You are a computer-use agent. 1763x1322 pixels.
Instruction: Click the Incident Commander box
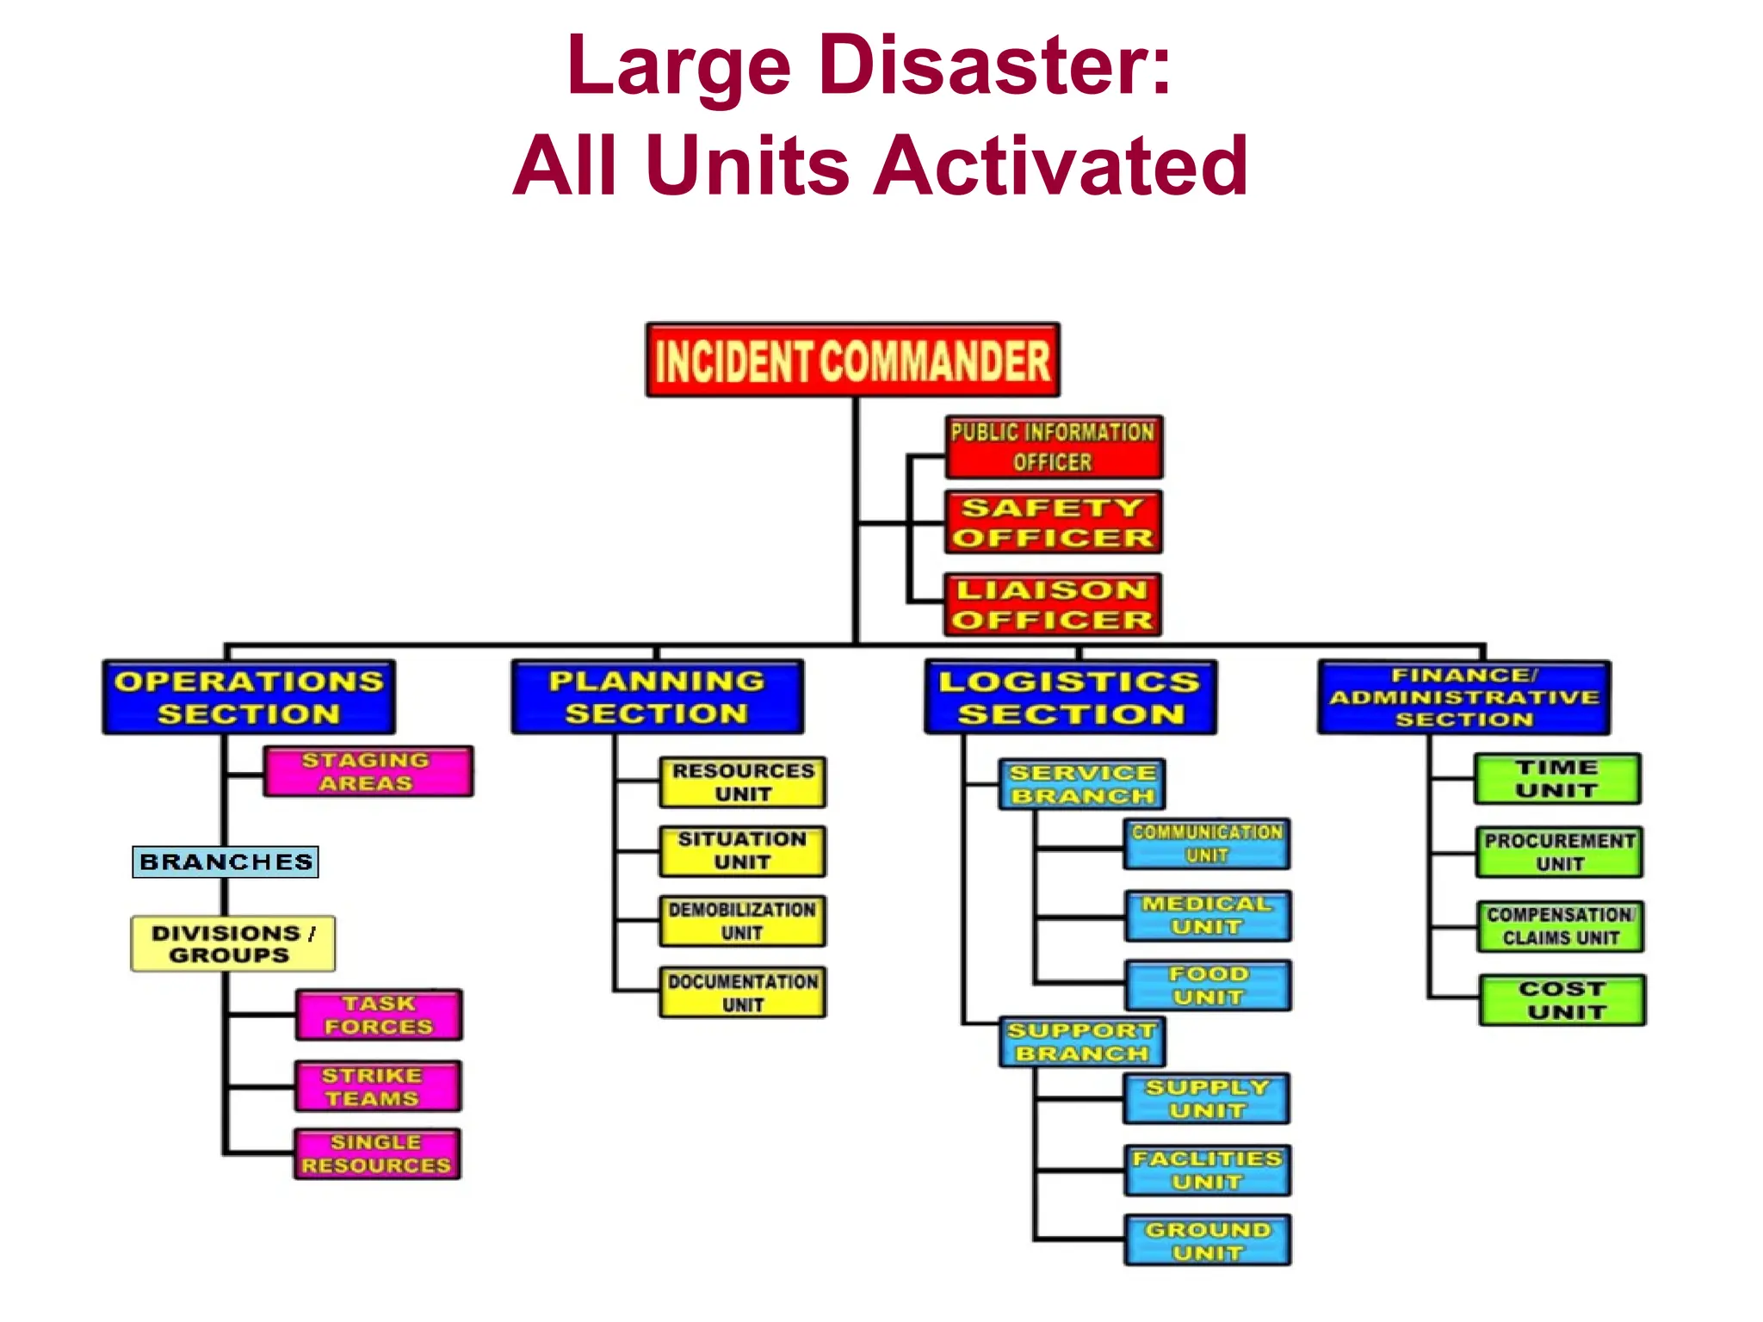click(x=852, y=360)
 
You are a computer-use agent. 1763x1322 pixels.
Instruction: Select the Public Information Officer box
click(x=1054, y=447)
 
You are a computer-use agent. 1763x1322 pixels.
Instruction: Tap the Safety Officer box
click(x=1054, y=522)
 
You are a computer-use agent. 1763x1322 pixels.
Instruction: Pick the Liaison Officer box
click(x=1053, y=604)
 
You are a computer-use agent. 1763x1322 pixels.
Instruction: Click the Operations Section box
click(x=249, y=697)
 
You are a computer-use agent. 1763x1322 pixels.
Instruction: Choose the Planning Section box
click(x=657, y=697)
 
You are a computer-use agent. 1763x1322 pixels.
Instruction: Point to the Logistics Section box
click(x=1070, y=697)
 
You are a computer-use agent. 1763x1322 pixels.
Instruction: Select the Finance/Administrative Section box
click(x=1463, y=697)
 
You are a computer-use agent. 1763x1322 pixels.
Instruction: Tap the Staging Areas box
click(x=368, y=771)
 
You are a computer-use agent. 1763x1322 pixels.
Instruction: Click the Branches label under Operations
click(x=226, y=862)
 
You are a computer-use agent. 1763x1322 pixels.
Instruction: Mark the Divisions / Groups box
click(x=232, y=944)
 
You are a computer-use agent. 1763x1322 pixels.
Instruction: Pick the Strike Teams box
click(x=378, y=1086)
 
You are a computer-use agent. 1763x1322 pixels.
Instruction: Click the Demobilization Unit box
click(x=742, y=921)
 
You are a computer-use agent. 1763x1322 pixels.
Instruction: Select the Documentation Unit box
click(x=742, y=992)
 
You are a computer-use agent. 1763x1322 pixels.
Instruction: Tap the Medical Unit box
click(x=1207, y=916)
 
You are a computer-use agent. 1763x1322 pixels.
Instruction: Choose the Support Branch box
click(x=1082, y=1041)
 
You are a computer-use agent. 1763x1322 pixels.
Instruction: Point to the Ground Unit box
click(x=1207, y=1240)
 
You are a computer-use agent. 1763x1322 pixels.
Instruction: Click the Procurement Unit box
click(x=1559, y=852)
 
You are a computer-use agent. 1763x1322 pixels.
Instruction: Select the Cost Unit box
click(x=1562, y=1000)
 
